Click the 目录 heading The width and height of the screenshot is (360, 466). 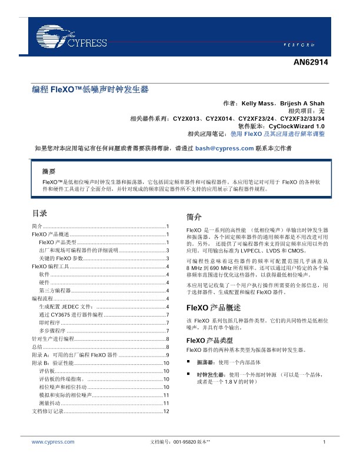coord(39,213)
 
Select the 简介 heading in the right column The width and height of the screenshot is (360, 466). coord(194,216)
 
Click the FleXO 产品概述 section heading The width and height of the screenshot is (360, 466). coord(214,308)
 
